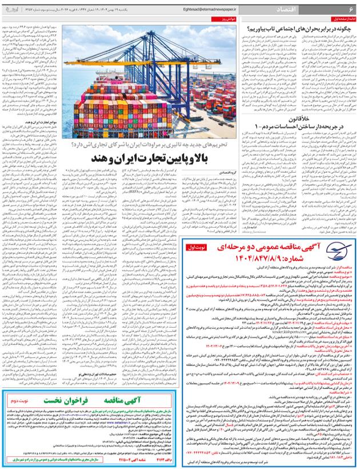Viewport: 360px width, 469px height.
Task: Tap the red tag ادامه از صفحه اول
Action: (342, 19)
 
